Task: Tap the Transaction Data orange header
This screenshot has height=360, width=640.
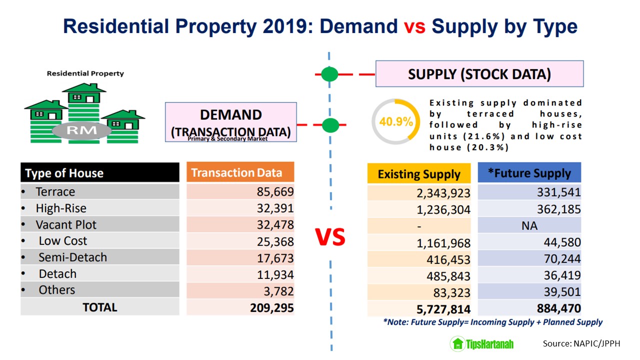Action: pos(240,172)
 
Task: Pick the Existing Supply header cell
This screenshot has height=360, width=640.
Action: pos(418,174)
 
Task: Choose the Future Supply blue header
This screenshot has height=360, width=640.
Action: pos(529,173)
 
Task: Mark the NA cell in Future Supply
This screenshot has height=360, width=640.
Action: pos(529,226)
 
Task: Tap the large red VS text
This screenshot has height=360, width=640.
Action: pos(330,237)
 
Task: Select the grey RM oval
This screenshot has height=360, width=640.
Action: pos(82,131)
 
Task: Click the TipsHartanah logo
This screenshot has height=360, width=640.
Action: pos(482,344)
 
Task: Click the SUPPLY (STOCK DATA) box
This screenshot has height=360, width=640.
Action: pos(479,74)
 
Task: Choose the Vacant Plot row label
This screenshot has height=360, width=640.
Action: pos(66,225)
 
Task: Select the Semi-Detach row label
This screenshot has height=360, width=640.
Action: pos(72,257)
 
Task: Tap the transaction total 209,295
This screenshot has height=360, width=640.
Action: pos(271,307)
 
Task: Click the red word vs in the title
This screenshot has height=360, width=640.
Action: pos(414,26)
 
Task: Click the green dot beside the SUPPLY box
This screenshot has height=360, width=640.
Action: pos(329,74)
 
